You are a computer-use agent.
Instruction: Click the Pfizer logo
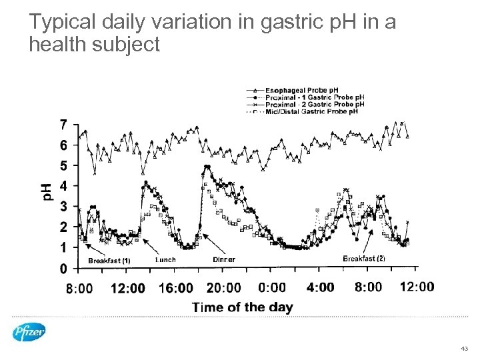[x=29, y=331]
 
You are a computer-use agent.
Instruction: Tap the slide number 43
[x=464, y=349]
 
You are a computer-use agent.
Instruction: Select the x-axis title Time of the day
[x=243, y=307]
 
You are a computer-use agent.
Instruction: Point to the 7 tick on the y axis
[x=63, y=124]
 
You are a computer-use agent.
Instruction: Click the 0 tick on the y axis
[x=63, y=269]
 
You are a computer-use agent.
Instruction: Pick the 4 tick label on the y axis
[x=63, y=186]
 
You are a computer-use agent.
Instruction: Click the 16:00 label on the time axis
[x=176, y=288]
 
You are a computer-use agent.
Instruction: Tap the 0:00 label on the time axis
[x=272, y=288]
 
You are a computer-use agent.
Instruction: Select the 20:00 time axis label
[x=224, y=288]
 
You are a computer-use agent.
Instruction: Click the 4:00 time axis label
[x=320, y=288]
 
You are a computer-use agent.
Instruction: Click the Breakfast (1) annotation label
[x=109, y=261]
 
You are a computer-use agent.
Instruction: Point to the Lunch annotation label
[x=165, y=259]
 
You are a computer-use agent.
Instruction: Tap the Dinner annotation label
[x=223, y=259]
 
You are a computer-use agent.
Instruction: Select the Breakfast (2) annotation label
[x=364, y=259]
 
